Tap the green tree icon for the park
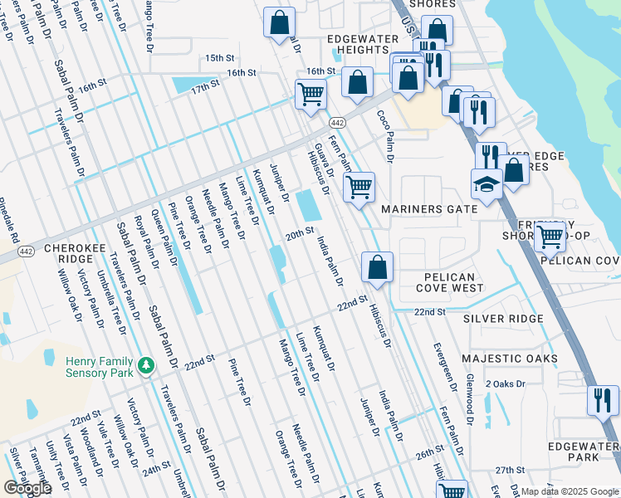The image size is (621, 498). (x=146, y=365)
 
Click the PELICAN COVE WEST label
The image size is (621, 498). (x=448, y=282)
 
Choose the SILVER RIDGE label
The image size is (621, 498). (x=503, y=319)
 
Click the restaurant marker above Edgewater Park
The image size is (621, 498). (x=602, y=401)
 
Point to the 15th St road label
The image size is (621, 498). (x=220, y=58)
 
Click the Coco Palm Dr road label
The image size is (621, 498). (x=385, y=134)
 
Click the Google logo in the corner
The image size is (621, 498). (x=27, y=488)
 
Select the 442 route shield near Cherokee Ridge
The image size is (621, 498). (x=26, y=251)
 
